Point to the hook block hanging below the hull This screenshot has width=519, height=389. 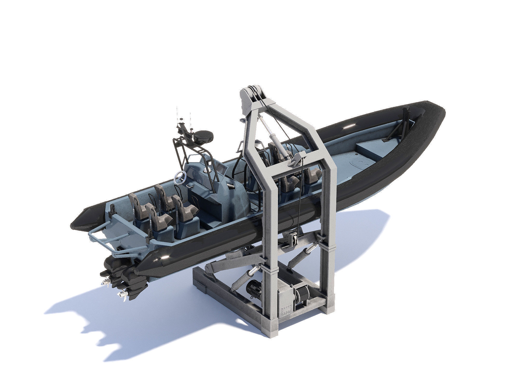point(293,239)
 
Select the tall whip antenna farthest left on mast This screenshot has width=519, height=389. point(177,114)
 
